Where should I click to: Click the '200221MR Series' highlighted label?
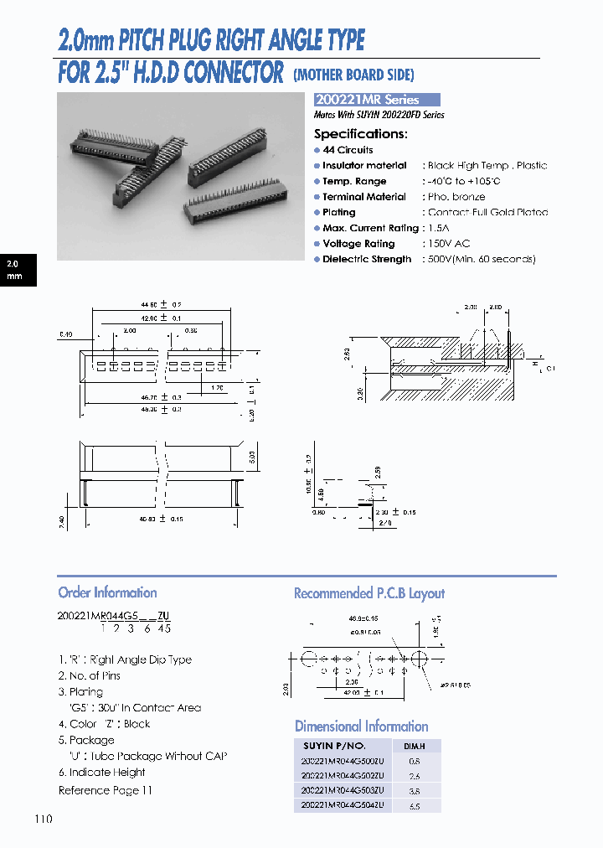(376, 99)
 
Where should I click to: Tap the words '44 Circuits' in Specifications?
(348, 150)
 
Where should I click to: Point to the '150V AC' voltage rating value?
(449, 244)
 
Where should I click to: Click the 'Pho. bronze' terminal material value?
(456, 197)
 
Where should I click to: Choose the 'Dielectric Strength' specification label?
(367, 260)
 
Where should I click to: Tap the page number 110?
(44, 818)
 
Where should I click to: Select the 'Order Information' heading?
(107, 592)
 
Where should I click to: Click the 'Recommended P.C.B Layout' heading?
(368, 593)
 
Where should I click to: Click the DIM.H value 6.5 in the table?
(415, 806)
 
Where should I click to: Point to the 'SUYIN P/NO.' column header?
(332, 746)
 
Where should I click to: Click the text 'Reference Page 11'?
(106, 790)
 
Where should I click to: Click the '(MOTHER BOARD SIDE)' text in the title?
(354, 75)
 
